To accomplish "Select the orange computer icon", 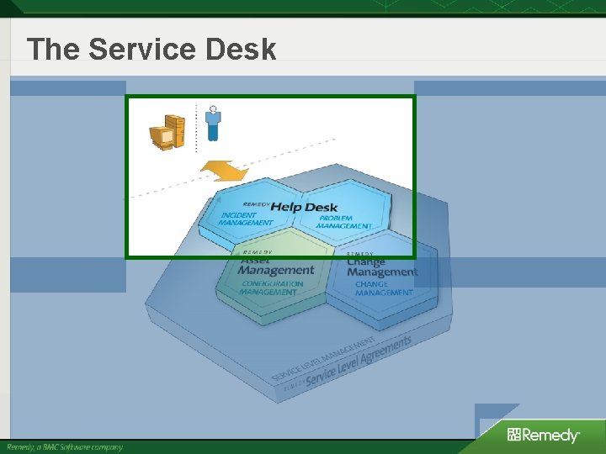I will [x=167, y=133].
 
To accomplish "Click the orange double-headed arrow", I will [x=224, y=172].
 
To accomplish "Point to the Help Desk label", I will [x=303, y=207].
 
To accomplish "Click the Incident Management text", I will [x=246, y=219].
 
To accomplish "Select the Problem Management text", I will [x=344, y=222].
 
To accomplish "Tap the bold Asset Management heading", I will [x=276, y=267].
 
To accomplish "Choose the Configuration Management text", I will [x=272, y=288].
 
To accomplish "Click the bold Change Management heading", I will [x=381, y=267].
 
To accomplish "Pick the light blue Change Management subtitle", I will [x=383, y=288].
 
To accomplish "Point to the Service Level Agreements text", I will [x=359, y=362].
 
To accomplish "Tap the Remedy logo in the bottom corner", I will [x=543, y=435].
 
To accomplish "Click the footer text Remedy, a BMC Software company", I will [x=65, y=446].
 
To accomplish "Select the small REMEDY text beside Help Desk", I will [x=256, y=204].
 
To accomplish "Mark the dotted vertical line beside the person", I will [x=196, y=128].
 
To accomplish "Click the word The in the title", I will [x=54, y=50].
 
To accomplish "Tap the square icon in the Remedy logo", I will [x=513, y=435].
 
